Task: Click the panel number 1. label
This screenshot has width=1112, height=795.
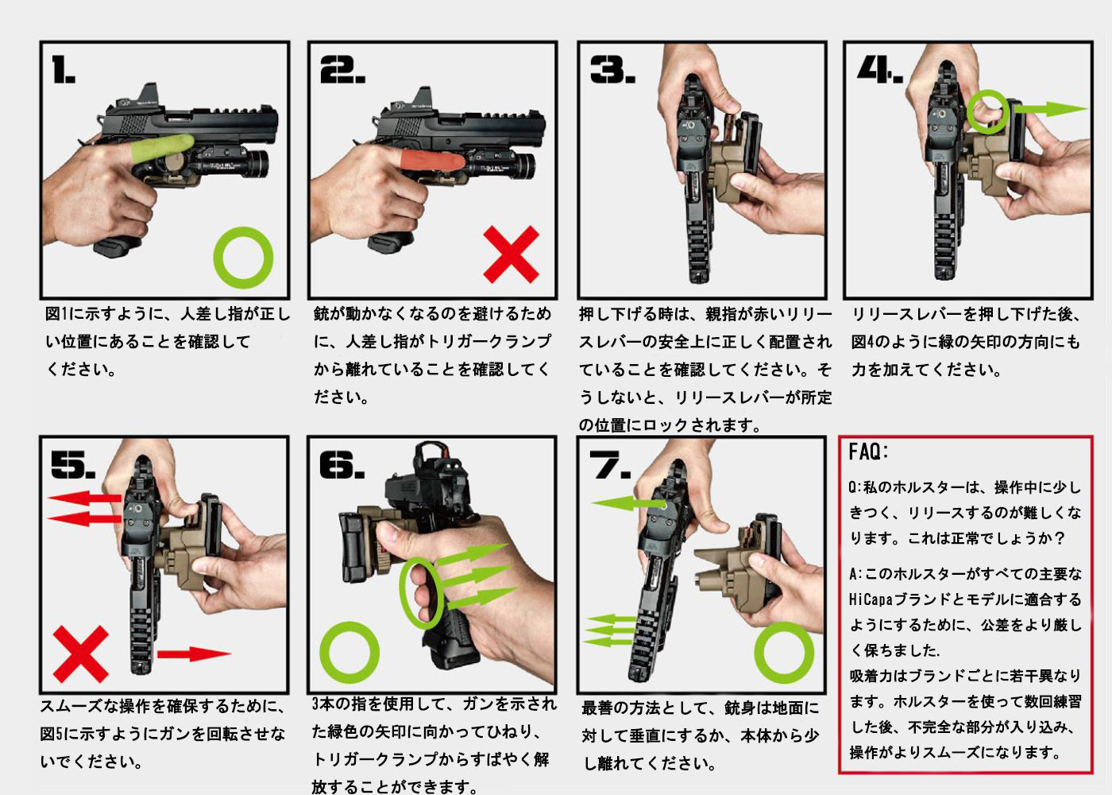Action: [64, 71]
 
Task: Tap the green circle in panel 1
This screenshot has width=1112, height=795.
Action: [243, 257]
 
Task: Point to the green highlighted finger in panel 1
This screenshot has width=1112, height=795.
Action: [161, 148]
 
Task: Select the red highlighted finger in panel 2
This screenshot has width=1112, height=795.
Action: [431, 161]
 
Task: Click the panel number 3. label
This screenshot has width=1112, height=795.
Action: [612, 71]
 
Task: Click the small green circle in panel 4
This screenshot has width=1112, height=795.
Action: [987, 111]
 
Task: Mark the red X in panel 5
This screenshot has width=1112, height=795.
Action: [80, 653]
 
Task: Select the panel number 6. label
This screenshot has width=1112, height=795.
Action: [342, 465]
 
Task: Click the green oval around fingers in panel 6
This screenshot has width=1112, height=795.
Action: [420, 593]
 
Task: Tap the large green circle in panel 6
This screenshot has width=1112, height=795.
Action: [349, 652]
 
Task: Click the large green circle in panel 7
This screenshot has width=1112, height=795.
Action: [783, 653]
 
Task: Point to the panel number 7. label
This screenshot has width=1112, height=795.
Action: [609, 465]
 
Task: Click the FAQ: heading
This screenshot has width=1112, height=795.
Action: [868, 452]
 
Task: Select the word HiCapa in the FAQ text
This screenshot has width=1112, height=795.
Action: [871, 599]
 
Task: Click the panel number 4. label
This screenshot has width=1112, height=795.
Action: [879, 71]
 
